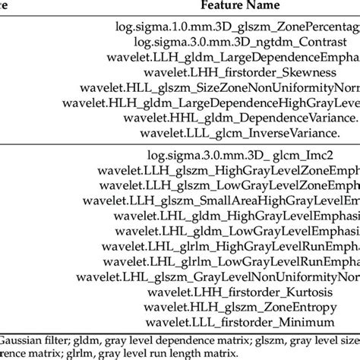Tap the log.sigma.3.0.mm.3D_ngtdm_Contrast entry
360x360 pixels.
tap(236, 42)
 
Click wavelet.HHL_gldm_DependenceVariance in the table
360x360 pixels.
tap(236, 118)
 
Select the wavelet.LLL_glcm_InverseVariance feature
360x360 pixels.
tap(236, 134)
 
